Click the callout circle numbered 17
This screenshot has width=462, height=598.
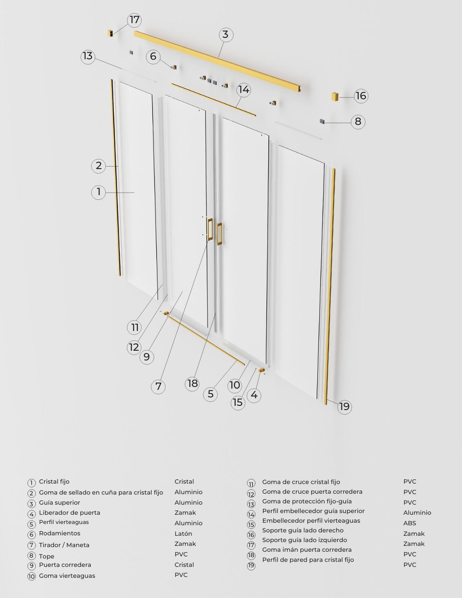[134, 20]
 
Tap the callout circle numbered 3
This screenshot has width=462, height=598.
[226, 34]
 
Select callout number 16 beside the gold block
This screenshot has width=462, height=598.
[361, 96]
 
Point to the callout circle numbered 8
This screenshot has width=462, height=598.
[358, 122]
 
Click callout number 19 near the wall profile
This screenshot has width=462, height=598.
[344, 407]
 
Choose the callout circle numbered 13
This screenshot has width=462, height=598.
[88, 56]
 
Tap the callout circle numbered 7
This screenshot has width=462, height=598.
[158, 386]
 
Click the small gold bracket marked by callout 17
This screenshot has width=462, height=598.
[110, 33]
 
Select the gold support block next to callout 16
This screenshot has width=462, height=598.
[335, 97]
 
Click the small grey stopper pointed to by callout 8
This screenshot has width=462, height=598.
[322, 122]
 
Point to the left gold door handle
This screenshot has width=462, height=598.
[210, 229]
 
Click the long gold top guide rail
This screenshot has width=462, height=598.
[217, 61]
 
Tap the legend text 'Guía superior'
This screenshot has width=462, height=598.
[59, 503]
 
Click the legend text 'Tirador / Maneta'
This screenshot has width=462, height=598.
[64, 545]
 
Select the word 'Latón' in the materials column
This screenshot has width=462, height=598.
[183, 534]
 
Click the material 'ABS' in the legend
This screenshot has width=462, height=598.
[409, 523]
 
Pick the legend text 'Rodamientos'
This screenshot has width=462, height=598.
[60, 533]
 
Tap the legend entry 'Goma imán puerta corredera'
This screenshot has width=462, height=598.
[307, 550]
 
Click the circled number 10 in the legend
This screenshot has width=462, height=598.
[31, 576]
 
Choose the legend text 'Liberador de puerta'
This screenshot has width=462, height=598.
[70, 513]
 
